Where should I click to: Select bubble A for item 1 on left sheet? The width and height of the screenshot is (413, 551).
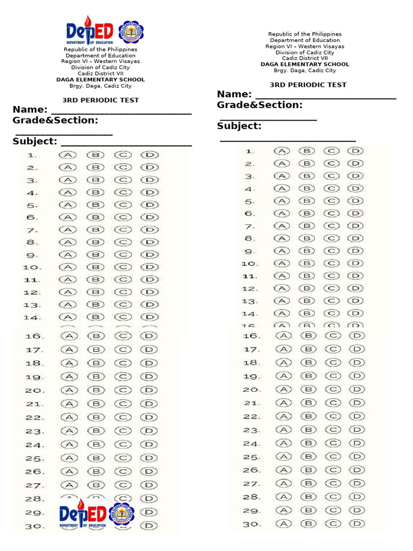coord(68,155)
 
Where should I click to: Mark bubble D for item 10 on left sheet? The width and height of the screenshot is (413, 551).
coord(150,267)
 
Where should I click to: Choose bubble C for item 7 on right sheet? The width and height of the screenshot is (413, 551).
coord(332,227)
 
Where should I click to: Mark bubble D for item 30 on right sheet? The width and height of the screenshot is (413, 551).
coord(357,524)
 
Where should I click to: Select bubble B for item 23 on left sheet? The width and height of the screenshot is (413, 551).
coord(95,431)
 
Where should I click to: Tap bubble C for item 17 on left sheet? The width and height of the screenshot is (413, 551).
coord(123,350)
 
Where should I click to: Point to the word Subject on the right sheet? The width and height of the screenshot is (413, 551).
coord(239,126)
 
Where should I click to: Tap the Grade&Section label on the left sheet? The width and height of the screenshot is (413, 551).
coord(55,120)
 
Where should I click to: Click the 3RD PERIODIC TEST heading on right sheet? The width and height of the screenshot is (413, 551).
coord(308,85)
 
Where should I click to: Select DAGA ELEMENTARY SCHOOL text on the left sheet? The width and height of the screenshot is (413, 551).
coord(101,80)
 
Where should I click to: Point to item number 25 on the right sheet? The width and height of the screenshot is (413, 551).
coord(251,457)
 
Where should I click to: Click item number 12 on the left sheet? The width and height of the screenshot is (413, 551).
coord(32,293)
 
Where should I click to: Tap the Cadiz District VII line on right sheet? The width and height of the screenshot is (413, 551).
coord(305,58)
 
